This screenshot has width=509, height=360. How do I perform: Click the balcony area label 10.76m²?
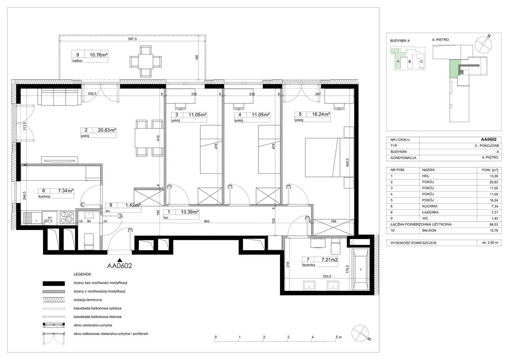pyautogui.click(x=99, y=55)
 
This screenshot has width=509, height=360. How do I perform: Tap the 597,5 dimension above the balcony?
pyautogui.click(x=132, y=39)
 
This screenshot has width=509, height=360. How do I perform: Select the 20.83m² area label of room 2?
pyautogui.click(x=107, y=130)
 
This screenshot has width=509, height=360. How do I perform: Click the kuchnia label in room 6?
pyautogui.click(x=45, y=197)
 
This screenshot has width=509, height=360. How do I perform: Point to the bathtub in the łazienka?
pyautogui.click(x=361, y=269)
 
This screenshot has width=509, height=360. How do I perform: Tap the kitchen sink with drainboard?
pyautogui.click(x=32, y=218)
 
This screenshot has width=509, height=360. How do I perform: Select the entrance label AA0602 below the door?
pyautogui.click(x=120, y=266)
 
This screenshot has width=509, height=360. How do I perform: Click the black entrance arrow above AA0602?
pyautogui.click(x=120, y=261)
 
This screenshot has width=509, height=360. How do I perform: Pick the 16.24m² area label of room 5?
pyautogui.click(x=321, y=114)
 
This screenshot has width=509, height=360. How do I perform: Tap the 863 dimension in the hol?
pyautogui.click(x=206, y=221)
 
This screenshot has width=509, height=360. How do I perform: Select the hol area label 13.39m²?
pyautogui.click(x=190, y=212)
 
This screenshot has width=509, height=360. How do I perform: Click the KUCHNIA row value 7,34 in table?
pyautogui.click(x=494, y=206)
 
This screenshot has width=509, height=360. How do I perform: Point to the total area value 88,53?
pyautogui.click(x=494, y=224)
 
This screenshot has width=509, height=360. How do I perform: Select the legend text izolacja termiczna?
pyautogui.click(x=88, y=300)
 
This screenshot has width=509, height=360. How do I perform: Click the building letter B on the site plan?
pyautogui.click(x=410, y=61)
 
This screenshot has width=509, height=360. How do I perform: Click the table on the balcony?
pyautogui.click(x=146, y=61)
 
